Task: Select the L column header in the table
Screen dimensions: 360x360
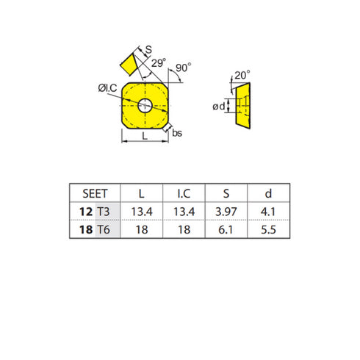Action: coord(140,193)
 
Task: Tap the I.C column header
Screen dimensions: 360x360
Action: coord(184,193)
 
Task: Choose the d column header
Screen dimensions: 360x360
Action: coord(270,193)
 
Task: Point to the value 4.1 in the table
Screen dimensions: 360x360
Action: coord(270,212)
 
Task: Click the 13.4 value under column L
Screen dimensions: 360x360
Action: coord(140,212)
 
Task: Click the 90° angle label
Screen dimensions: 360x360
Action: coord(184,67)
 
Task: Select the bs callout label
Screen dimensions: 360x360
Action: coord(179,135)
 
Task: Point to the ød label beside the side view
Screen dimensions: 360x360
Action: coord(218,107)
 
